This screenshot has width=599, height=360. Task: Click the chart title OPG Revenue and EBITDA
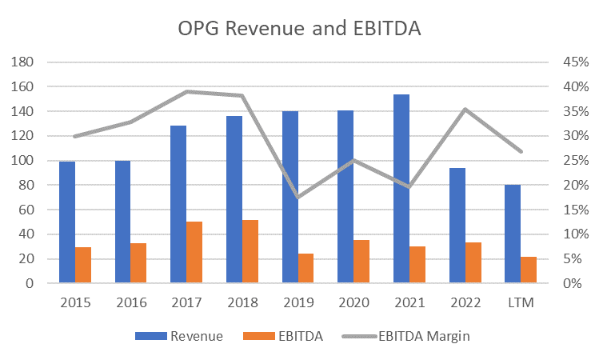(x=298, y=29)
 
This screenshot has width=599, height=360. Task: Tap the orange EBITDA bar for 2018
(x=250, y=251)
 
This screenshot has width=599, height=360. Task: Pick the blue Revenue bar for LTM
(x=513, y=234)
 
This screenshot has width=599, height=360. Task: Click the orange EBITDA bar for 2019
(x=306, y=268)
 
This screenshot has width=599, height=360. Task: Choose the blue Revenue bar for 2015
(x=66, y=222)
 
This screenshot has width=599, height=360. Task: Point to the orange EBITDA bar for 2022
(x=473, y=262)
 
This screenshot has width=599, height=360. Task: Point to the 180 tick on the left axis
(x=26, y=62)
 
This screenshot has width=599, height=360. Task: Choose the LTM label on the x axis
(x=521, y=303)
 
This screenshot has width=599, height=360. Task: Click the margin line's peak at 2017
(x=186, y=91)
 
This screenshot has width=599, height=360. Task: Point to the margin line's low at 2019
(x=298, y=197)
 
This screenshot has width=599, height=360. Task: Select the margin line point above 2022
(x=465, y=109)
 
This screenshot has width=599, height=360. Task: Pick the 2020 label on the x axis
(x=353, y=303)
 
